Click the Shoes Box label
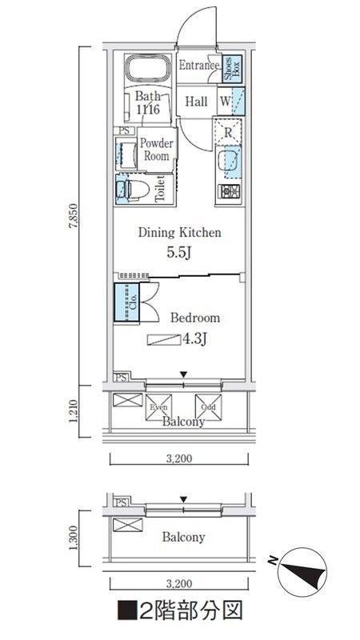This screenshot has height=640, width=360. pos(228,70)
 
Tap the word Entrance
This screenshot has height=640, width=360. pos(198,66)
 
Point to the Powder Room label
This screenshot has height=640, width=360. pos(157,150)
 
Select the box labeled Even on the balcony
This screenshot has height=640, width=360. pos(156,406)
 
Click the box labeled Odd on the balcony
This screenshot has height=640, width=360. pos(208,406)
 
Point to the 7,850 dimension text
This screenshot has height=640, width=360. pos(73,215)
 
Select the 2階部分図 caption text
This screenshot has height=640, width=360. pos(179,614)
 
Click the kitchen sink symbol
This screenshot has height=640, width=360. pos(228,161)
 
